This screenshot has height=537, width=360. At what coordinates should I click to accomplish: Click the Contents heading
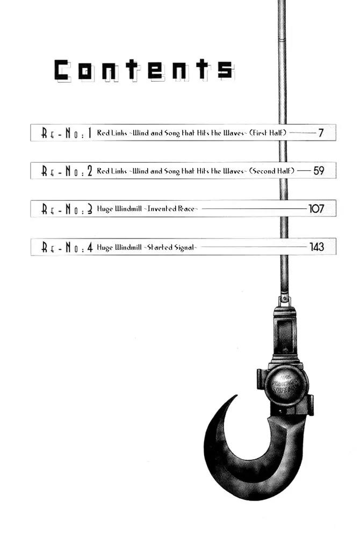coord(144,70)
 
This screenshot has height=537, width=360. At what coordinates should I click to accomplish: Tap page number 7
coord(321,133)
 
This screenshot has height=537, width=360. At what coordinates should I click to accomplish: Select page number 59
coord(319,171)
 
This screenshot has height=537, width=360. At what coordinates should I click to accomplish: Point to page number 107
coord(316,208)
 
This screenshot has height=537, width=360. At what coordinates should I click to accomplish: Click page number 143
coord(317,247)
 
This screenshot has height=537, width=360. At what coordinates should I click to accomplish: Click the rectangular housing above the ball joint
coord(285,331)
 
